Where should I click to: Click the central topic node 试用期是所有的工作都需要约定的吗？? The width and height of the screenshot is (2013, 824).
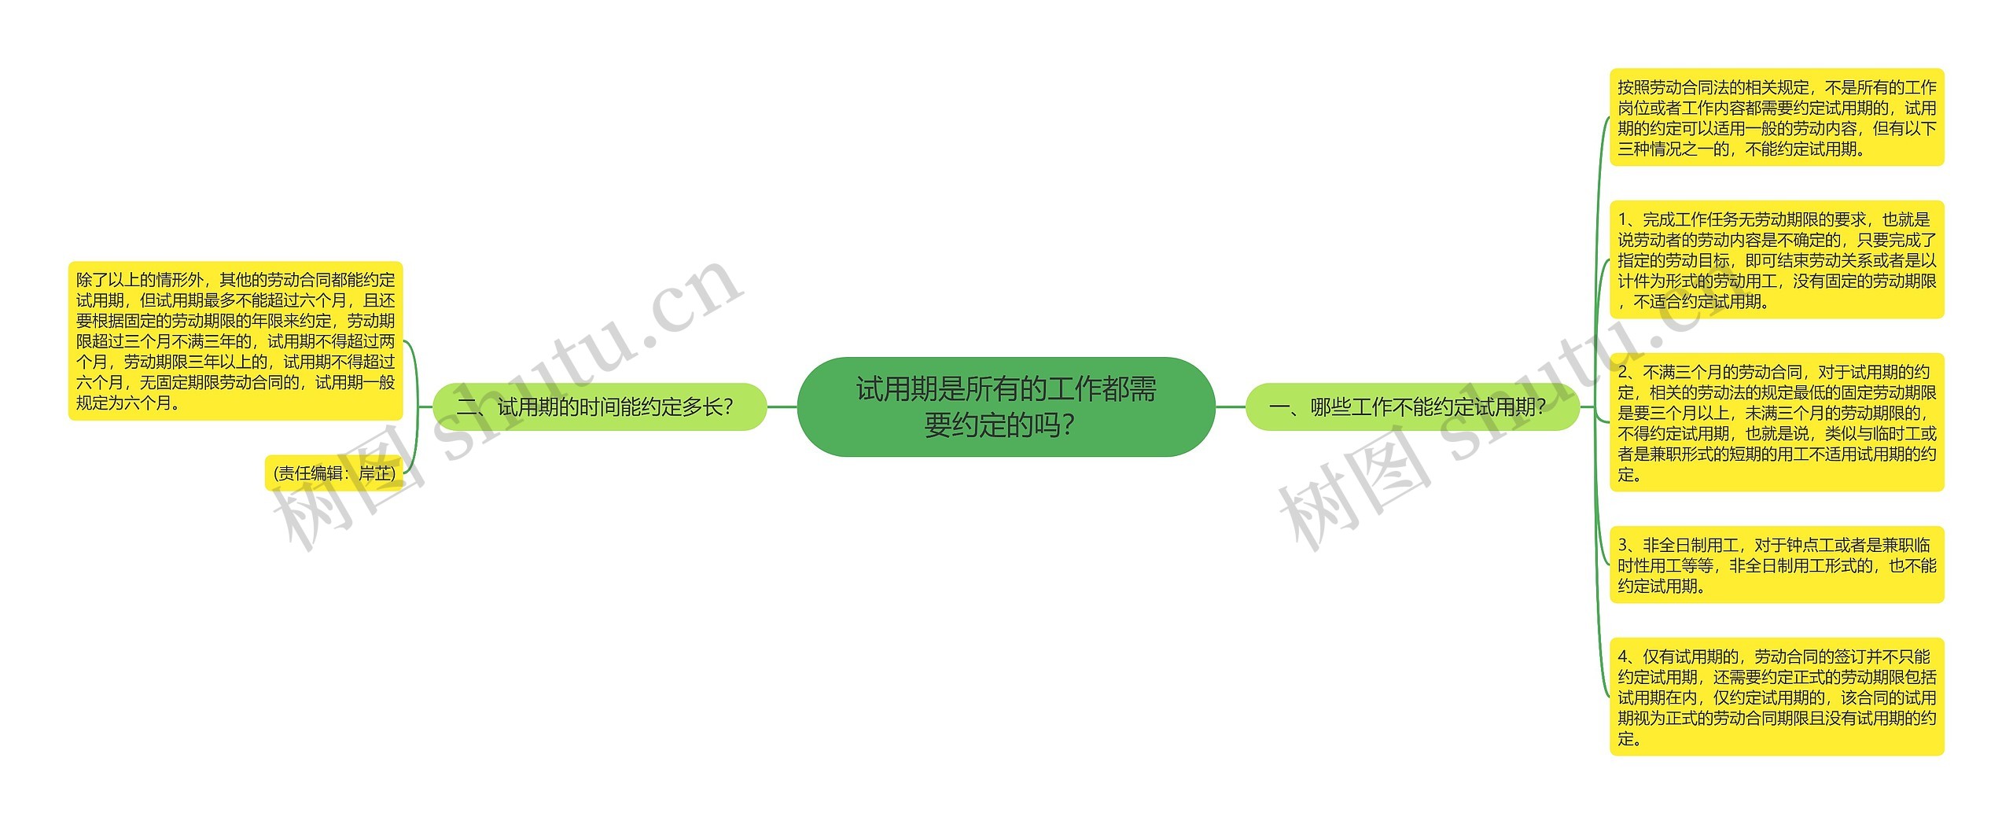tap(1006, 406)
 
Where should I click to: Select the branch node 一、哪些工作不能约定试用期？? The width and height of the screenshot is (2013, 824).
tap(1412, 406)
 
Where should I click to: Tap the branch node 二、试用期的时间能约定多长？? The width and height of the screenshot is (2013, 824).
tap(599, 406)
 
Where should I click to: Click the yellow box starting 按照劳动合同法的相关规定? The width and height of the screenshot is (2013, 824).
tap(1776, 117)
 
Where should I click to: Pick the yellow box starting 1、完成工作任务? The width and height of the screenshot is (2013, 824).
tap(1776, 259)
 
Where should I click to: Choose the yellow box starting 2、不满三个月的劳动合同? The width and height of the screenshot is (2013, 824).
tap(1776, 422)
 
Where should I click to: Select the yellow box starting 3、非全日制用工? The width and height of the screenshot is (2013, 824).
tap(1776, 565)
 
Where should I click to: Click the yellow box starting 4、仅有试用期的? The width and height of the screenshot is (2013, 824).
tap(1776, 697)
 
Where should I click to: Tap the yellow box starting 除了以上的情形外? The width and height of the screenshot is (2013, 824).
tap(235, 340)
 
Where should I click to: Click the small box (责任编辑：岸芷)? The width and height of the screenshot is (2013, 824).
tap(334, 473)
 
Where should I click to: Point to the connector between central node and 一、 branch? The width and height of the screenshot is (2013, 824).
tap(1231, 406)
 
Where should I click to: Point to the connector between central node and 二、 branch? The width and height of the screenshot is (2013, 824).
tap(782, 406)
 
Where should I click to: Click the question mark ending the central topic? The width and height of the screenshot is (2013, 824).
tap(1067, 426)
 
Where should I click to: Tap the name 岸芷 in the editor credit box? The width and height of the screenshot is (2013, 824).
tap(375, 473)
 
